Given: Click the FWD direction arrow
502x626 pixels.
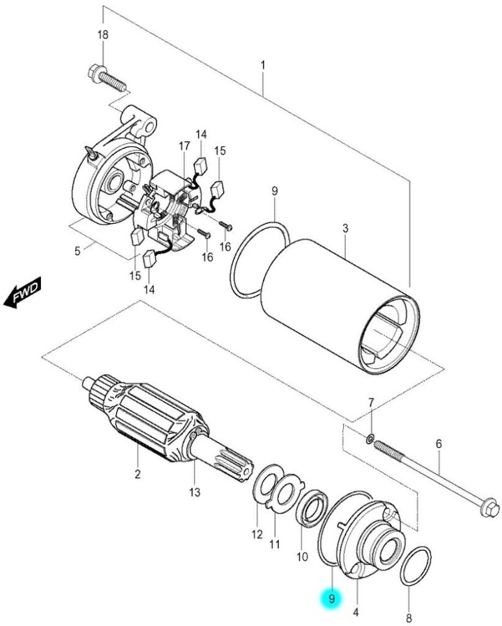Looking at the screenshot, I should coord(22,292).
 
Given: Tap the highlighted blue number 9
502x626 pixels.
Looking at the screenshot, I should coord(332,599).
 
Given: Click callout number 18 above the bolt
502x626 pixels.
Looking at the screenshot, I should coord(103,35).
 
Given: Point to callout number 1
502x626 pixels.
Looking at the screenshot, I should coord(263,65).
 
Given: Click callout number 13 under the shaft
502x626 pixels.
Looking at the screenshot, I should coord(195,493).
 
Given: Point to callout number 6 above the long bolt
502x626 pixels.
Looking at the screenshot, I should coord(439,444).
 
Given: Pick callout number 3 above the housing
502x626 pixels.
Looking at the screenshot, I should coord(345,229).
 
